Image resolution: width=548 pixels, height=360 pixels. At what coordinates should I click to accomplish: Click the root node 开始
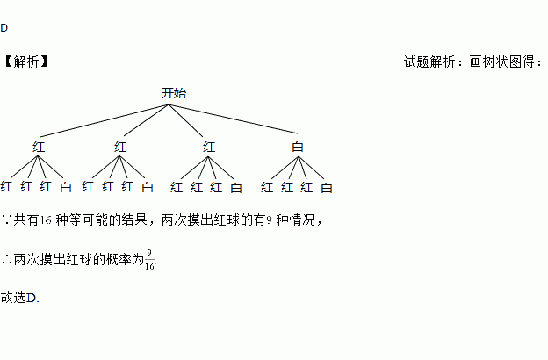(x=173, y=93)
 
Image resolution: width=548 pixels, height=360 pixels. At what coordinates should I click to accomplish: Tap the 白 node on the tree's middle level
(x=297, y=147)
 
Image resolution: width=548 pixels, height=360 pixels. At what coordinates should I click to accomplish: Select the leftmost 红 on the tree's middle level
(x=39, y=147)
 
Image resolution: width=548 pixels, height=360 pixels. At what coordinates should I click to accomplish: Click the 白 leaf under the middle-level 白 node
(x=327, y=187)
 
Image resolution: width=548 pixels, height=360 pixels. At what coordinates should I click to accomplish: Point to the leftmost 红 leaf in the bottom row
(x=7, y=187)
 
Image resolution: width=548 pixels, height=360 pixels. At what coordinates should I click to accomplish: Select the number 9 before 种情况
(x=268, y=219)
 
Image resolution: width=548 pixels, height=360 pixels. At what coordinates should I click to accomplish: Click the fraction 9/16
(x=150, y=260)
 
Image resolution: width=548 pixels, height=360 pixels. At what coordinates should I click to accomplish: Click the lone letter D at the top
(x=4, y=28)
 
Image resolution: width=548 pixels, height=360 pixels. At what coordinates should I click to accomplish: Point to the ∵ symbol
(x=6, y=219)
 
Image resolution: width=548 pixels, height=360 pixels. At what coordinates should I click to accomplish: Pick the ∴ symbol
(x=6, y=260)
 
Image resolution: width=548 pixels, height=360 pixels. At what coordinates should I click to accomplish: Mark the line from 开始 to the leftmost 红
(x=104, y=121)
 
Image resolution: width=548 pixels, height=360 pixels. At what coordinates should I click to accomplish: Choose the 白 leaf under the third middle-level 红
(x=236, y=187)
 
